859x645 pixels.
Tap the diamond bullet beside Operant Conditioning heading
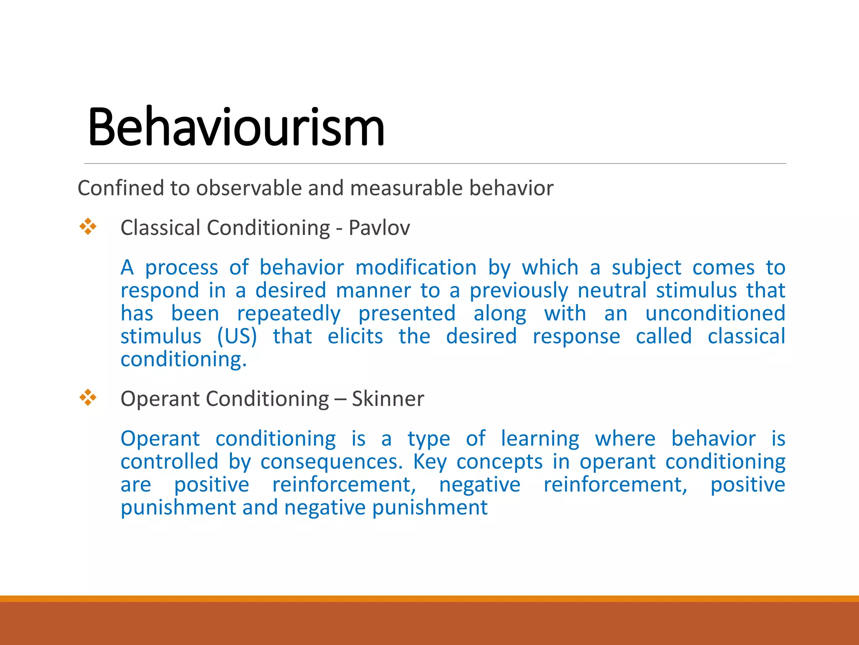click(x=88, y=397)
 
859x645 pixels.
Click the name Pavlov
click(x=379, y=228)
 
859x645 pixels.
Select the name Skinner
click(x=388, y=399)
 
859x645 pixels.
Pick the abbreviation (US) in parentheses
click(x=237, y=336)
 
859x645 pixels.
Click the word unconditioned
click(x=715, y=314)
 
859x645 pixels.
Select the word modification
click(x=416, y=267)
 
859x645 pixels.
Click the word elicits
click(x=355, y=336)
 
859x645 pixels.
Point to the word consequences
click(x=331, y=462)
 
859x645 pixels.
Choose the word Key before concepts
click(x=429, y=462)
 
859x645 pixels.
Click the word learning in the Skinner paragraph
click(x=540, y=439)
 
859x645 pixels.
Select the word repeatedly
click(x=289, y=314)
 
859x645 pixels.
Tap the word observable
click(x=249, y=188)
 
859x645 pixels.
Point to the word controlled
click(x=169, y=462)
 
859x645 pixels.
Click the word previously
click(x=518, y=291)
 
